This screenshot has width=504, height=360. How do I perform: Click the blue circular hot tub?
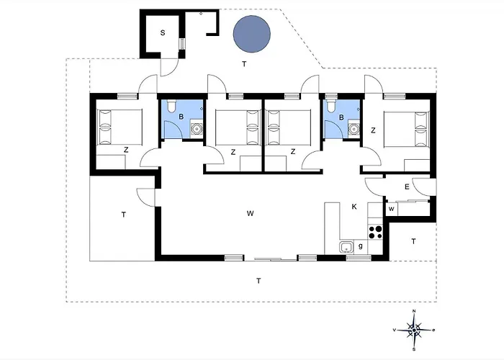(252, 34)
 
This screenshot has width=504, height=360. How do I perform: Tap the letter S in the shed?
(163, 33)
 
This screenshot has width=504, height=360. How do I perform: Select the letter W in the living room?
(250, 213)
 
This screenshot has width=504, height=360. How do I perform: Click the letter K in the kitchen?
(354, 207)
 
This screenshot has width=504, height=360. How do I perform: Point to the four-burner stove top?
(375, 232)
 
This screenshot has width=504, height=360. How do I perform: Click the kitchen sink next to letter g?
(346, 247)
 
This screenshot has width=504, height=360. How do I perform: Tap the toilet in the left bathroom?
(171, 106)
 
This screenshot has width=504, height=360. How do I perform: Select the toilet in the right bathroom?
(330, 106)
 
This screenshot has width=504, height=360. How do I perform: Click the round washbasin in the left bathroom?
(196, 129)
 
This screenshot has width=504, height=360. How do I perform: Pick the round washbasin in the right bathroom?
(354, 129)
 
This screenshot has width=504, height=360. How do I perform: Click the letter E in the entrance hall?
(407, 186)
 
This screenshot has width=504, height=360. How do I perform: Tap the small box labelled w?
(392, 210)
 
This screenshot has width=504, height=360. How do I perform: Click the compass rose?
(414, 330)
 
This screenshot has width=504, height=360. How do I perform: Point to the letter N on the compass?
(414, 311)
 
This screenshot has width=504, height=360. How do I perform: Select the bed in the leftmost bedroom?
(120, 127)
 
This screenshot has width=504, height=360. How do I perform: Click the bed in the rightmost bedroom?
(406, 129)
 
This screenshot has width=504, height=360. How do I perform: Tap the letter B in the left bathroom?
(181, 117)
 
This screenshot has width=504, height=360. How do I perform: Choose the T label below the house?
(258, 281)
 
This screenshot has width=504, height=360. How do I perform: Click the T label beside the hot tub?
(244, 64)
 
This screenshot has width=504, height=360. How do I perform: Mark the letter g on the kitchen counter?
(360, 246)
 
